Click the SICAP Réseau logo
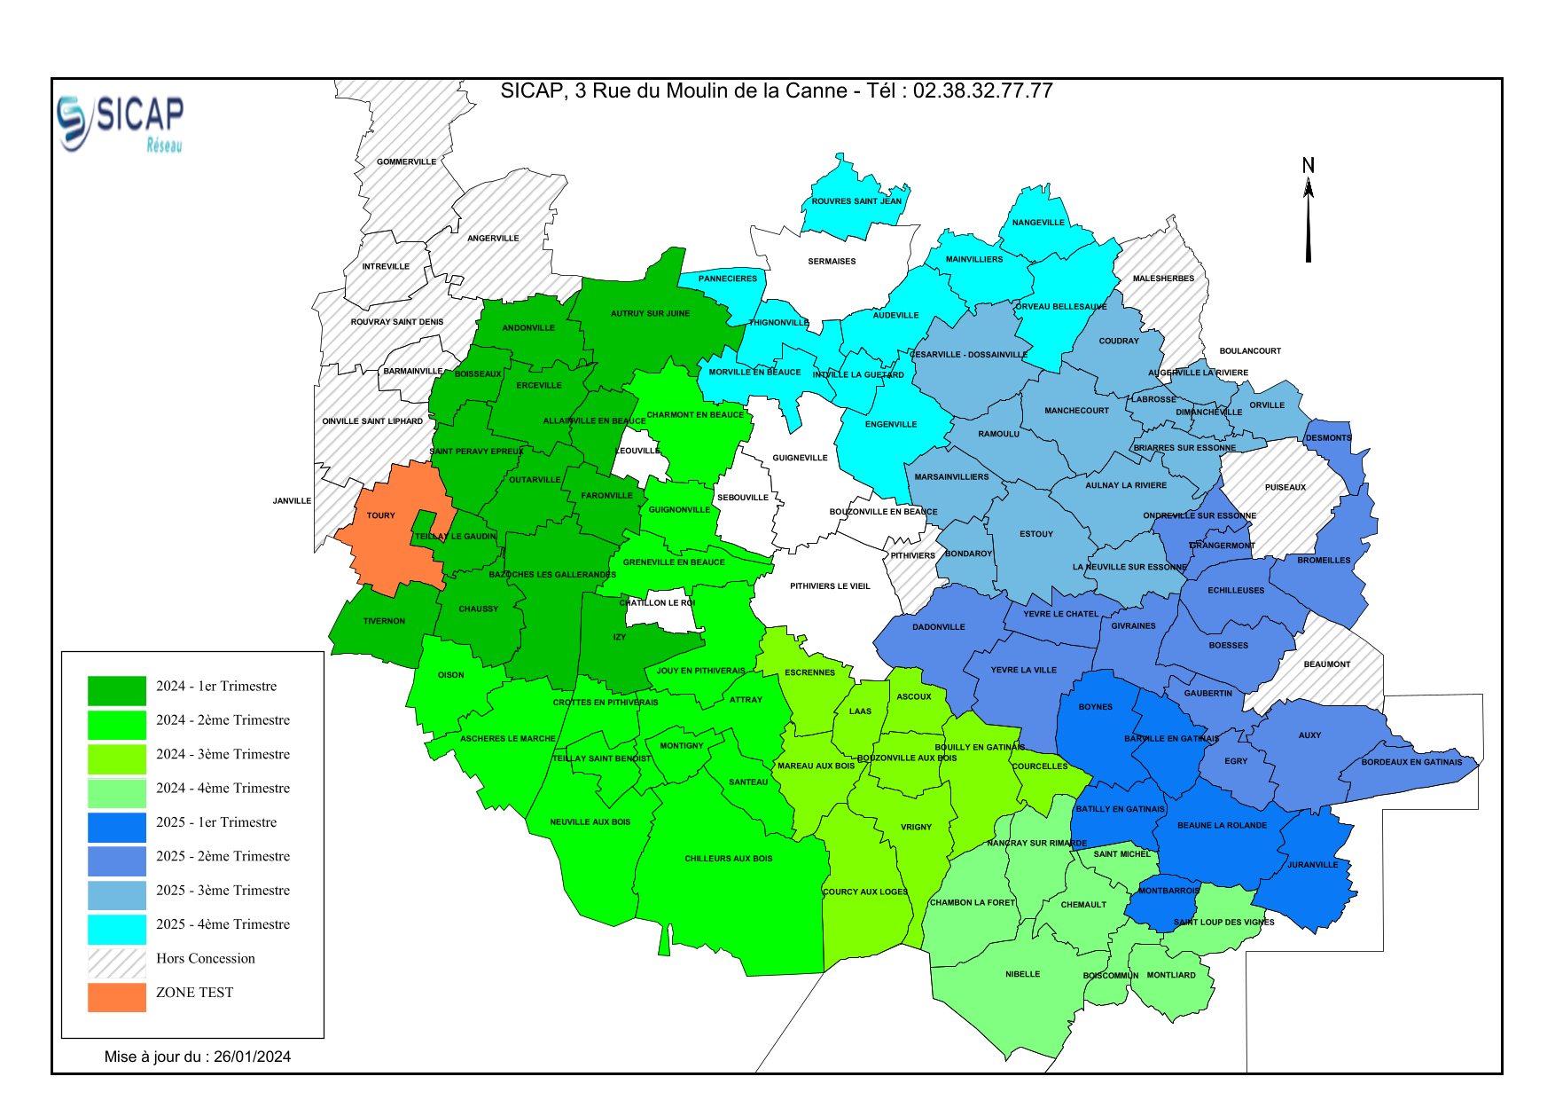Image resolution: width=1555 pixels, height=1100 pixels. tap(121, 122)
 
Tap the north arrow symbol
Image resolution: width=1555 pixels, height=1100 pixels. tap(1308, 213)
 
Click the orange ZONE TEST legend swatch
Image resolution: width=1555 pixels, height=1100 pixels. tap(116, 996)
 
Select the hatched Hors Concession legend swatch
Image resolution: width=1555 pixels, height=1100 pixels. tap(116, 962)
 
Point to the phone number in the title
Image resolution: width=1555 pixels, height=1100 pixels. tap(982, 90)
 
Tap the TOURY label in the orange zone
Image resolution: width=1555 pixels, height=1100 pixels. tap(381, 515)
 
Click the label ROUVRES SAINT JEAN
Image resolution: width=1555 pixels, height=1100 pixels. tap(856, 201)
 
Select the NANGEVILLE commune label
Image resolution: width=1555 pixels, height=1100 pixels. tap(1038, 223)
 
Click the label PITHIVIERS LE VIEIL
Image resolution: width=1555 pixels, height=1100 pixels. tap(830, 586)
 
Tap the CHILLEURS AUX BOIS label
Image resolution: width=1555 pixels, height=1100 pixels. tap(728, 859)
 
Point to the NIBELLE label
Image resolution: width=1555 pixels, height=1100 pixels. tap(1022, 974)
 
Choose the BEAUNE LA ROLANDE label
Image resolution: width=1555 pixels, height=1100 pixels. tap(1222, 826)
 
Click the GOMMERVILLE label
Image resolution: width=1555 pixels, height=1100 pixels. tap(406, 161)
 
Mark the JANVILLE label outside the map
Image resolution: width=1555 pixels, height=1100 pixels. tap(292, 501)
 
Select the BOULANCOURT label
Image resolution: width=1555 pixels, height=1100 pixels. tap(1250, 351)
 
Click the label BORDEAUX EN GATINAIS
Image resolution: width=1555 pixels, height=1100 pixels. tap(1411, 762)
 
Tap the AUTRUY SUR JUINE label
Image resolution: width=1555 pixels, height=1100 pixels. tap(650, 313)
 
